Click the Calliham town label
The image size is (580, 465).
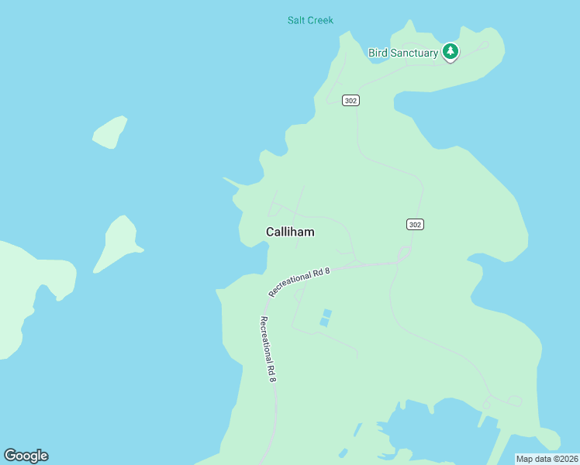tap(290, 232)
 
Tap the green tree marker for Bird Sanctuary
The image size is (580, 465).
tap(451, 52)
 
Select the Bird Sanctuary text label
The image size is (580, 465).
tap(402, 53)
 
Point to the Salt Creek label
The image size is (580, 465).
tap(310, 20)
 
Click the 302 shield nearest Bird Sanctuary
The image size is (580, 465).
tap(350, 101)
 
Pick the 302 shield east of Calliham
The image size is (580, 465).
tap(415, 225)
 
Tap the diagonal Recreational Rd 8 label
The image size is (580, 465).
tap(300, 282)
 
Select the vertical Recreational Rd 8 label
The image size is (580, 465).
tap(268, 349)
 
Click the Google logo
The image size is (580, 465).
tap(26, 456)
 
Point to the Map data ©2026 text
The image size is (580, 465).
tap(547, 459)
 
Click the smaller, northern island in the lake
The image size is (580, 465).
tap(110, 132)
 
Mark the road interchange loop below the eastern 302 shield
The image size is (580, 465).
tap(404, 254)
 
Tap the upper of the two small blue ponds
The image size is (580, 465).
tap(327, 313)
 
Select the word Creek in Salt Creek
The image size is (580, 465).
tap(321, 20)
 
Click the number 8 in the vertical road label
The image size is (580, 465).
tap(272, 377)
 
